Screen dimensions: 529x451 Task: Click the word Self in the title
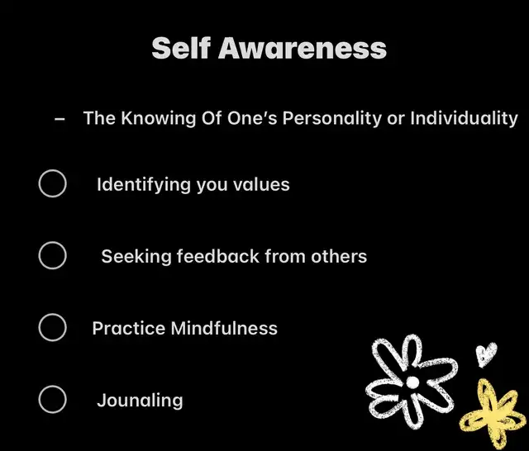181,48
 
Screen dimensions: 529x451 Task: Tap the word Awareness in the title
303,48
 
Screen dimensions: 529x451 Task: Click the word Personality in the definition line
332,118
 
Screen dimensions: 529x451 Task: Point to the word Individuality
464,118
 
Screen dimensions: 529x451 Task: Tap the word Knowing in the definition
158,118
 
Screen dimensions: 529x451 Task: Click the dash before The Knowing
60,119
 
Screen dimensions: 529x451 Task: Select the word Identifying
144,185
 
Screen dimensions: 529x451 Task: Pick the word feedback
218,256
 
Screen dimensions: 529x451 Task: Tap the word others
339,256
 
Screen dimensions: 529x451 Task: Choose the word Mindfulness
224,328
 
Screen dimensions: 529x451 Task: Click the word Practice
129,328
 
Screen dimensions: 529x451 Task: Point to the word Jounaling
140,401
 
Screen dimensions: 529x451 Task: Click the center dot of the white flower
412,382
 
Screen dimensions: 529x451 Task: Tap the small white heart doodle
486,354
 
